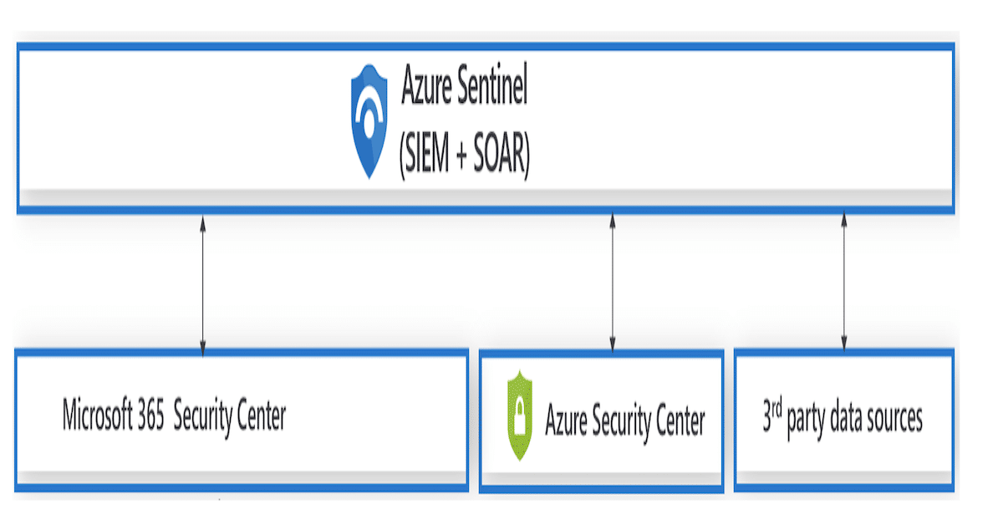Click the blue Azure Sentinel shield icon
369,124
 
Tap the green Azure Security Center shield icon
520,415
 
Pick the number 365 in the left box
151,415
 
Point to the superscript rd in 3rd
778,410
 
